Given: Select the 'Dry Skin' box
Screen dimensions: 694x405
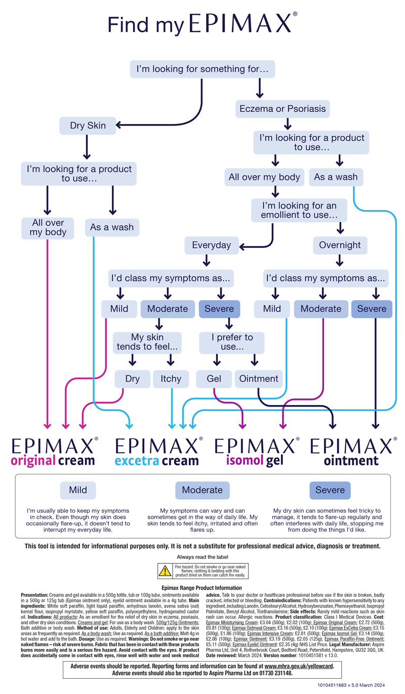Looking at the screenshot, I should click(x=88, y=126).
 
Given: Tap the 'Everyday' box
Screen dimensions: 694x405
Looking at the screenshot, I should click(x=211, y=245).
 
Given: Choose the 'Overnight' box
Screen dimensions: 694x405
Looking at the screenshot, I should click(x=340, y=245).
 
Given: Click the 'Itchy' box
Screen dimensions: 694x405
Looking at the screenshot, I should click(x=171, y=378).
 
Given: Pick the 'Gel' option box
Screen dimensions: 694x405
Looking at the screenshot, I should click(x=214, y=378).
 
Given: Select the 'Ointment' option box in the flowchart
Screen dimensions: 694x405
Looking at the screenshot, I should click(x=258, y=378).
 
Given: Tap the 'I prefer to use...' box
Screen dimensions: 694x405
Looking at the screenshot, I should click(x=231, y=342).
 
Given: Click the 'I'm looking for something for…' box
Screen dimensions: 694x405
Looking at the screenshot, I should click(x=202, y=68).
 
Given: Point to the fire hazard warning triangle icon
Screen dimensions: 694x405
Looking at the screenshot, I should click(x=165, y=571).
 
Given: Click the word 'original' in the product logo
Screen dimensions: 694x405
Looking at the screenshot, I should click(x=33, y=461).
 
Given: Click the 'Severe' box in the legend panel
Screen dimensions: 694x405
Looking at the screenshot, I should click(x=330, y=490).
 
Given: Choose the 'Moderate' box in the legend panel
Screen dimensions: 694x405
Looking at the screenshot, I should click(x=202, y=490).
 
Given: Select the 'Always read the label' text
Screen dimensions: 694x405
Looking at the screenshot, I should click(x=202, y=557).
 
